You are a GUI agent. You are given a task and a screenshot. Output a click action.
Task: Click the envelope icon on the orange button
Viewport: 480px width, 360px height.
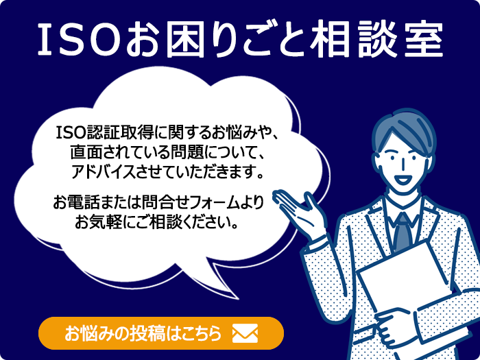(x=245, y=333)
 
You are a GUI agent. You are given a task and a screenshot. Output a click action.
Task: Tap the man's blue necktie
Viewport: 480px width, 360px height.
(x=403, y=232)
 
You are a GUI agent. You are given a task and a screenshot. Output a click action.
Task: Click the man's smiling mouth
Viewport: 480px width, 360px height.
(x=403, y=180)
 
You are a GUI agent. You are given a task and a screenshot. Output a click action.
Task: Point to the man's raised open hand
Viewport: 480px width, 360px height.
(x=298, y=211)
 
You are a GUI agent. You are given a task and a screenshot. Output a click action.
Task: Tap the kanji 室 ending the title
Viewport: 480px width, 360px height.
(x=424, y=39)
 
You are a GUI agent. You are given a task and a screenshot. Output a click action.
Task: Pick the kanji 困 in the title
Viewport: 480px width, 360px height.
(x=184, y=39)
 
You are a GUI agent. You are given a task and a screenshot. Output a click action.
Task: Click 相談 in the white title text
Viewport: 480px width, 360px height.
(x=352, y=39)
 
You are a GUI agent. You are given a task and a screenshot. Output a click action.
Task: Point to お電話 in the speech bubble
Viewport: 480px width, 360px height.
(x=77, y=202)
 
